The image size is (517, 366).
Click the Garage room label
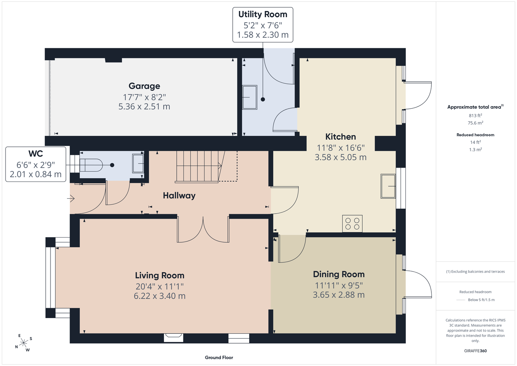pos(144,86)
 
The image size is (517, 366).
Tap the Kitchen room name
pos(340,137)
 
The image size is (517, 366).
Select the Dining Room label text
pos(339,274)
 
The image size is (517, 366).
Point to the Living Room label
pos(160,276)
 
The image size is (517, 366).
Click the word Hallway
pos(179,196)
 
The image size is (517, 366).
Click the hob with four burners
pos(352,224)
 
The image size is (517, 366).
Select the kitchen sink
pos(388,186)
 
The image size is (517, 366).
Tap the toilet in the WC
pos(91,165)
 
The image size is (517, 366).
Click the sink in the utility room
pos(250,97)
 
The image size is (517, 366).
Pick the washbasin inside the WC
pos(138,164)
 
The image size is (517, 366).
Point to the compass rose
pos(23,343)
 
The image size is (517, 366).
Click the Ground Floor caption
pos(219,358)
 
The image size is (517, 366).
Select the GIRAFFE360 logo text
pos(475,351)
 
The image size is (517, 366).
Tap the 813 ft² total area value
pos(475,115)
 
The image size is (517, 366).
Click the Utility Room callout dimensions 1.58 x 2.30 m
pos(263,35)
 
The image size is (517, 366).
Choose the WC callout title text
pos(35,154)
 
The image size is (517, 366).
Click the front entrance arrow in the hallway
pos(71,198)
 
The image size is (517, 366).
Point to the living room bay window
pos(50,277)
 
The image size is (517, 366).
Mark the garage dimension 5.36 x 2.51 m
pos(144,107)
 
